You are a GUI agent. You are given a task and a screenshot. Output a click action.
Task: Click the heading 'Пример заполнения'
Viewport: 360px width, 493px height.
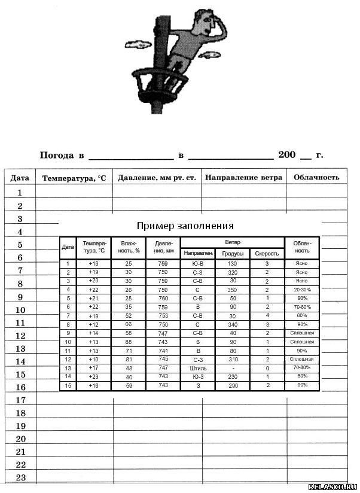[x=185, y=226]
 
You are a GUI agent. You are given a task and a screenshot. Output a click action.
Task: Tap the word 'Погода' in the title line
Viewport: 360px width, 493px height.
[x=57, y=155]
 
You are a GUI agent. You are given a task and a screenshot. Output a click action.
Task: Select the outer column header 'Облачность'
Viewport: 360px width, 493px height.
[x=316, y=177]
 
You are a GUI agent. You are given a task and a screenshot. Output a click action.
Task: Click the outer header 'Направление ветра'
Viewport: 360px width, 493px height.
[x=243, y=177]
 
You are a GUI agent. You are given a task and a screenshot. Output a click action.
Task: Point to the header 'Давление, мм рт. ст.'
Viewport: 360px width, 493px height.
[x=157, y=178]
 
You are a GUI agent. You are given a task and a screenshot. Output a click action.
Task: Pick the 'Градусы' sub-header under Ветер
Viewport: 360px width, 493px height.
[x=233, y=253]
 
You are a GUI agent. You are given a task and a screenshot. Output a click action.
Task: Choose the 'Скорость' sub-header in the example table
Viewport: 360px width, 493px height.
[x=267, y=253]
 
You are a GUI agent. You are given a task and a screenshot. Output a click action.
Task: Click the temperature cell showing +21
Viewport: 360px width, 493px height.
[x=94, y=298]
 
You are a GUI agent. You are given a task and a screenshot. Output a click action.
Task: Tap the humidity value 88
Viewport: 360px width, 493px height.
[x=129, y=342]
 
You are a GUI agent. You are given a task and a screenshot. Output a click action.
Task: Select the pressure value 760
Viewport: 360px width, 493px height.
[x=163, y=298]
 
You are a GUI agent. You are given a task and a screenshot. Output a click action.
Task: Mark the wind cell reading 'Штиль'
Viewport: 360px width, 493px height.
[x=198, y=368]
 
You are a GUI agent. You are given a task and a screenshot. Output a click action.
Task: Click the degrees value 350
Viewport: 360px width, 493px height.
[x=233, y=290]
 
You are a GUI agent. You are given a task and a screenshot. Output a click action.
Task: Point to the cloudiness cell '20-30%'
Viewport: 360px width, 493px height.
[x=302, y=290]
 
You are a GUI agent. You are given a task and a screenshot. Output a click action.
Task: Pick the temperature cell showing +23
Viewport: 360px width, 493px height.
[x=94, y=376]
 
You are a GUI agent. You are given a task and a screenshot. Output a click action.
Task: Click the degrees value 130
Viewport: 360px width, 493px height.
[x=233, y=263]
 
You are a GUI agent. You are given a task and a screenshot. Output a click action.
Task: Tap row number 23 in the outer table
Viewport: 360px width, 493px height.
[x=20, y=477]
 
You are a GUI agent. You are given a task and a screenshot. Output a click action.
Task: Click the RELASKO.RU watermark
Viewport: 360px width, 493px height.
[x=332, y=487]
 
